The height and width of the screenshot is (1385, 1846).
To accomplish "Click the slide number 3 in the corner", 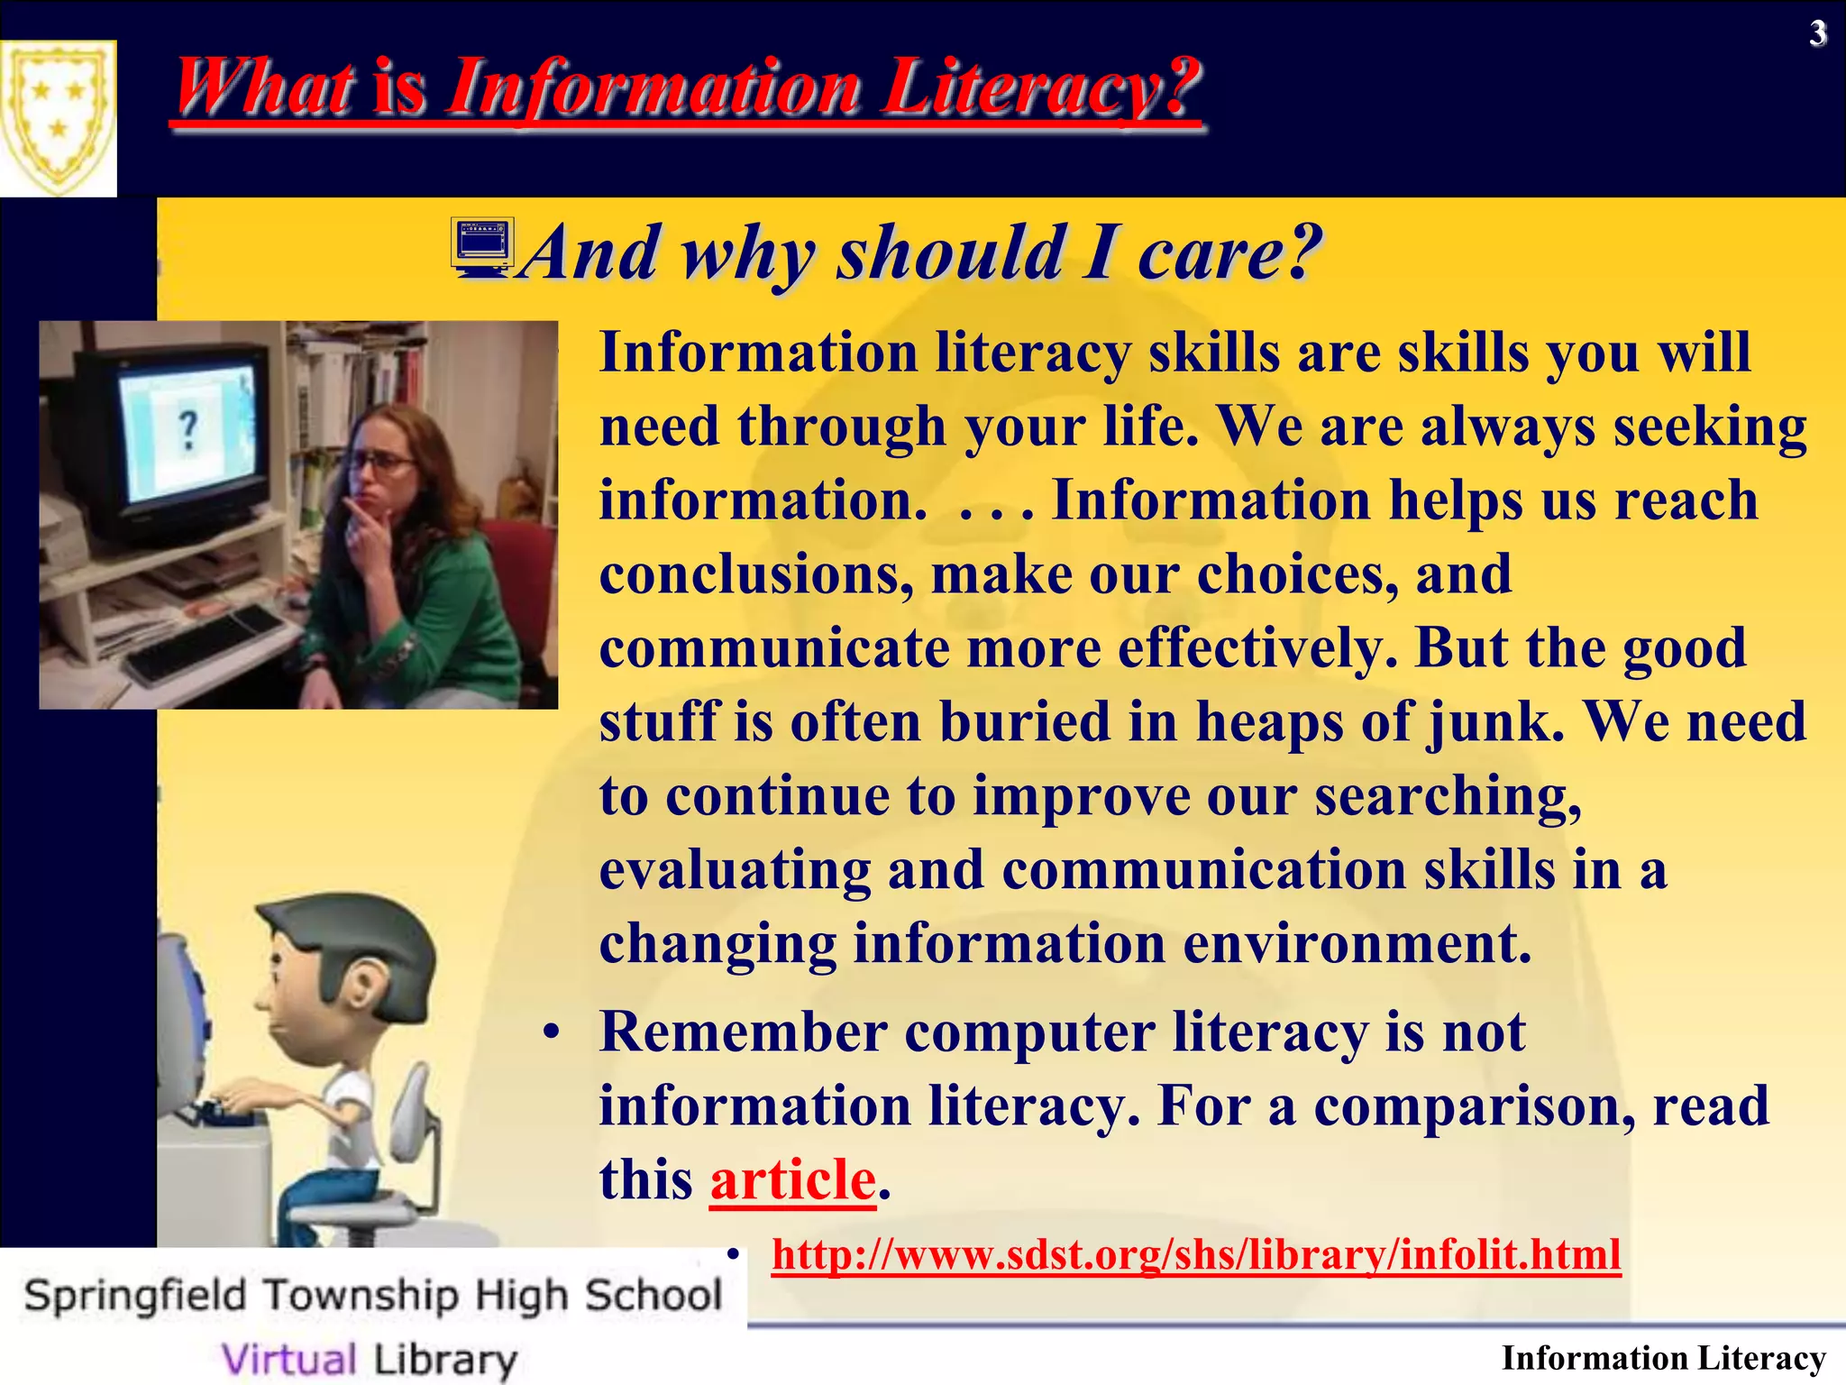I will [x=1818, y=34].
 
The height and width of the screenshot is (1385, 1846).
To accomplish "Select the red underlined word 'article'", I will [x=793, y=1179].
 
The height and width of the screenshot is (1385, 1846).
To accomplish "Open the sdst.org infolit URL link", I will [x=1196, y=1254].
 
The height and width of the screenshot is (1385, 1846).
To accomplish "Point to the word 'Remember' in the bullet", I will [x=743, y=1032].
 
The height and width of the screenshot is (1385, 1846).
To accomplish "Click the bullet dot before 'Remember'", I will [x=552, y=1032].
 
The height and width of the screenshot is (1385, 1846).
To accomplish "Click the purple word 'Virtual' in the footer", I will [x=289, y=1358].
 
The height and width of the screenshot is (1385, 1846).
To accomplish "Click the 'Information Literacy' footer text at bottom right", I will [x=1663, y=1358].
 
